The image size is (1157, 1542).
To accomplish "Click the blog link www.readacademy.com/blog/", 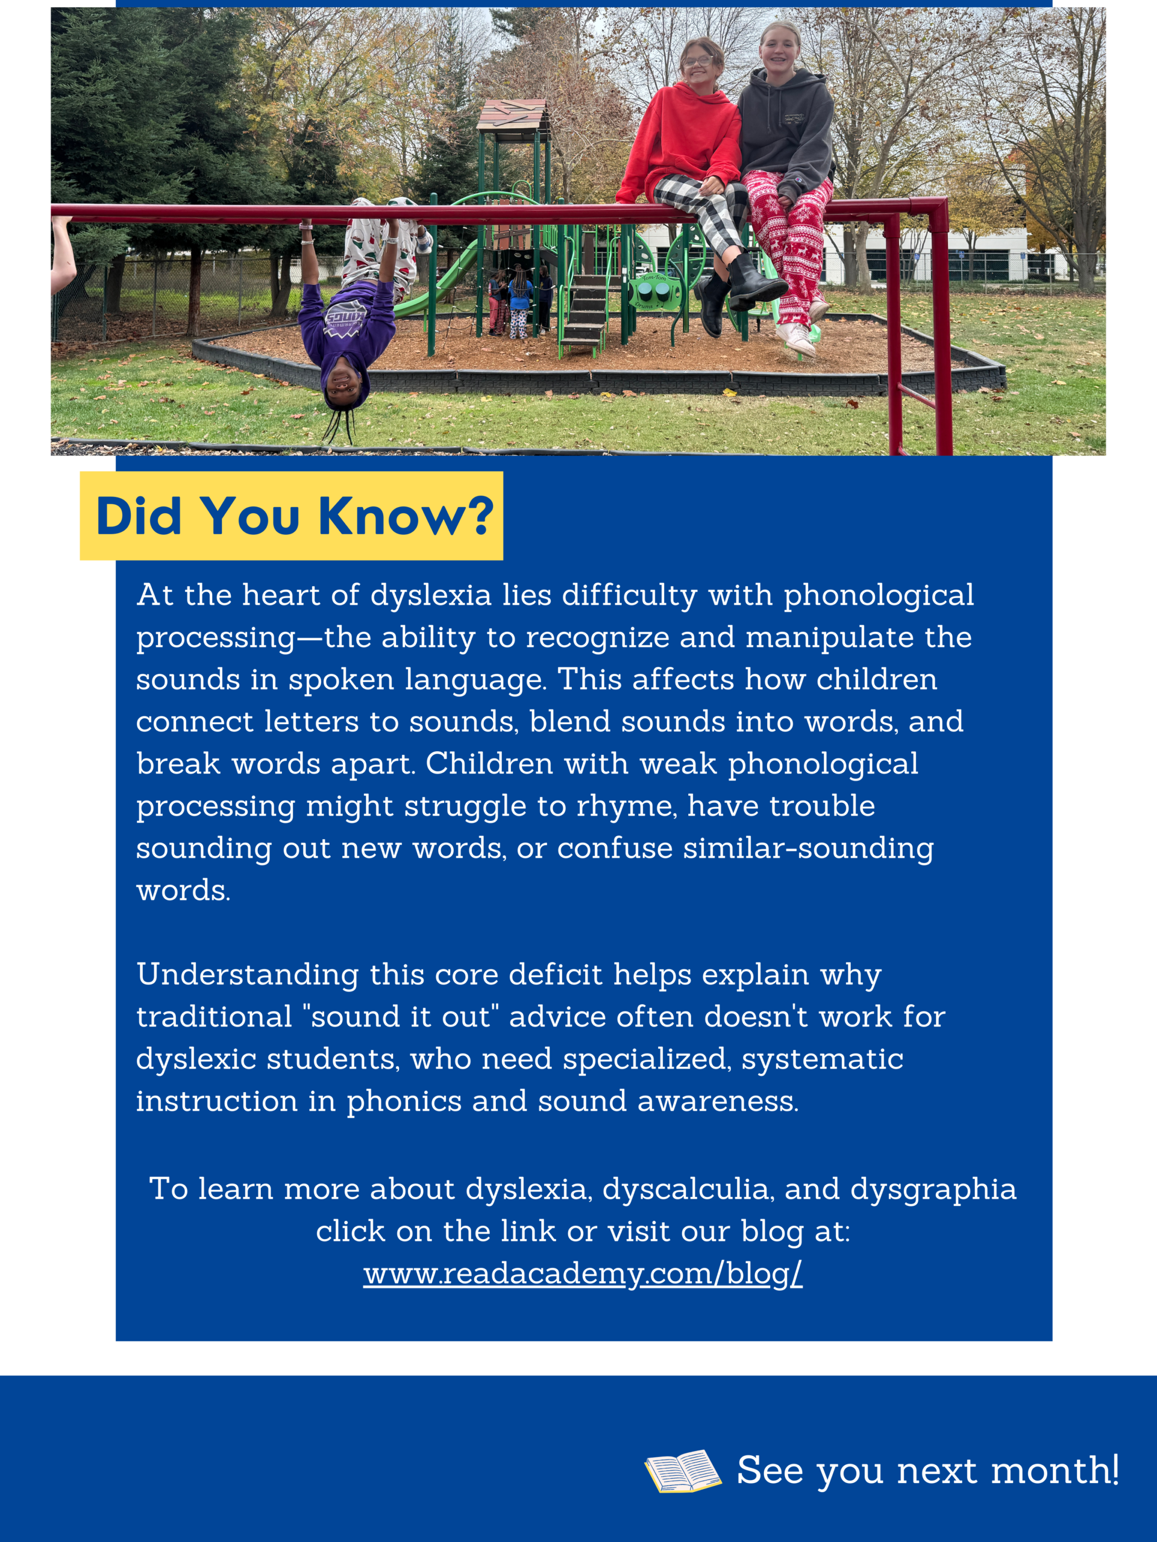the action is (x=583, y=1273).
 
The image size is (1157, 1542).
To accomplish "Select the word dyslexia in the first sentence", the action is (x=431, y=595).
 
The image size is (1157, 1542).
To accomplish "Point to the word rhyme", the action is (x=626, y=807).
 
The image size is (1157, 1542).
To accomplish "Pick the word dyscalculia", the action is (x=688, y=1189).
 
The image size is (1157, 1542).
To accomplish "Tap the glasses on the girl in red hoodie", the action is (x=697, y=61).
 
